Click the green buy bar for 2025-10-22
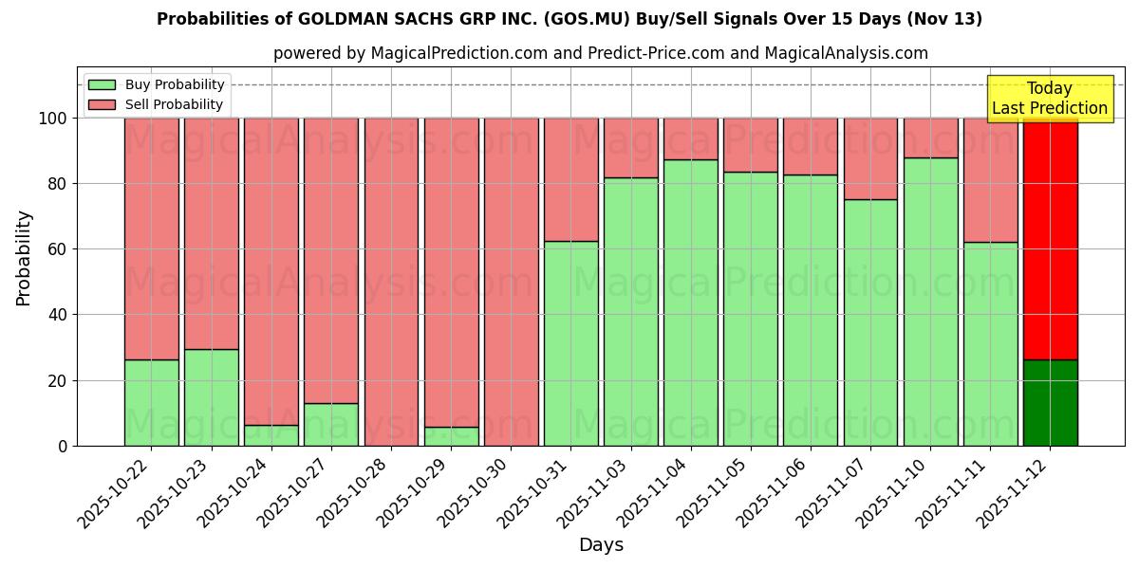[151, 402]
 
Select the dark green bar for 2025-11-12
[1050, 402]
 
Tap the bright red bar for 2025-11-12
[1050, 237]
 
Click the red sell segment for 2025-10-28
[391, 281]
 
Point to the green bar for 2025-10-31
[570, 343]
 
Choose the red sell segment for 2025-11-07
[870, 158]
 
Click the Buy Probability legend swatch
[102, 84]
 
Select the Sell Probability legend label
[174, 104]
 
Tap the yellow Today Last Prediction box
[1050, 99]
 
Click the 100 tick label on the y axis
[51, 119]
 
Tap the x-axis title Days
[601, 545]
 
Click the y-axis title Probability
[24, 258]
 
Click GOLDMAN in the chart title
[344, 19]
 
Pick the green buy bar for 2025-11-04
[690, 303]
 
